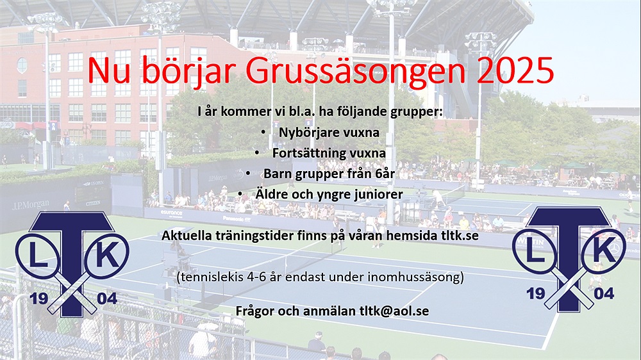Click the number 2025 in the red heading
[x=515, y=70]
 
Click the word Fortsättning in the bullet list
[x=304, y=153]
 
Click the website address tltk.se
[x=460, y=236]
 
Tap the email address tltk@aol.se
[x=394, y=311]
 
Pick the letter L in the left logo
[x=38, y=256]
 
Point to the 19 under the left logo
[x=39, y=299]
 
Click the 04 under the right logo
[x=604, y=293]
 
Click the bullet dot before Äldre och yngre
[x=240, y=194]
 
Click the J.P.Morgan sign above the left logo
[x=31, y=204]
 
